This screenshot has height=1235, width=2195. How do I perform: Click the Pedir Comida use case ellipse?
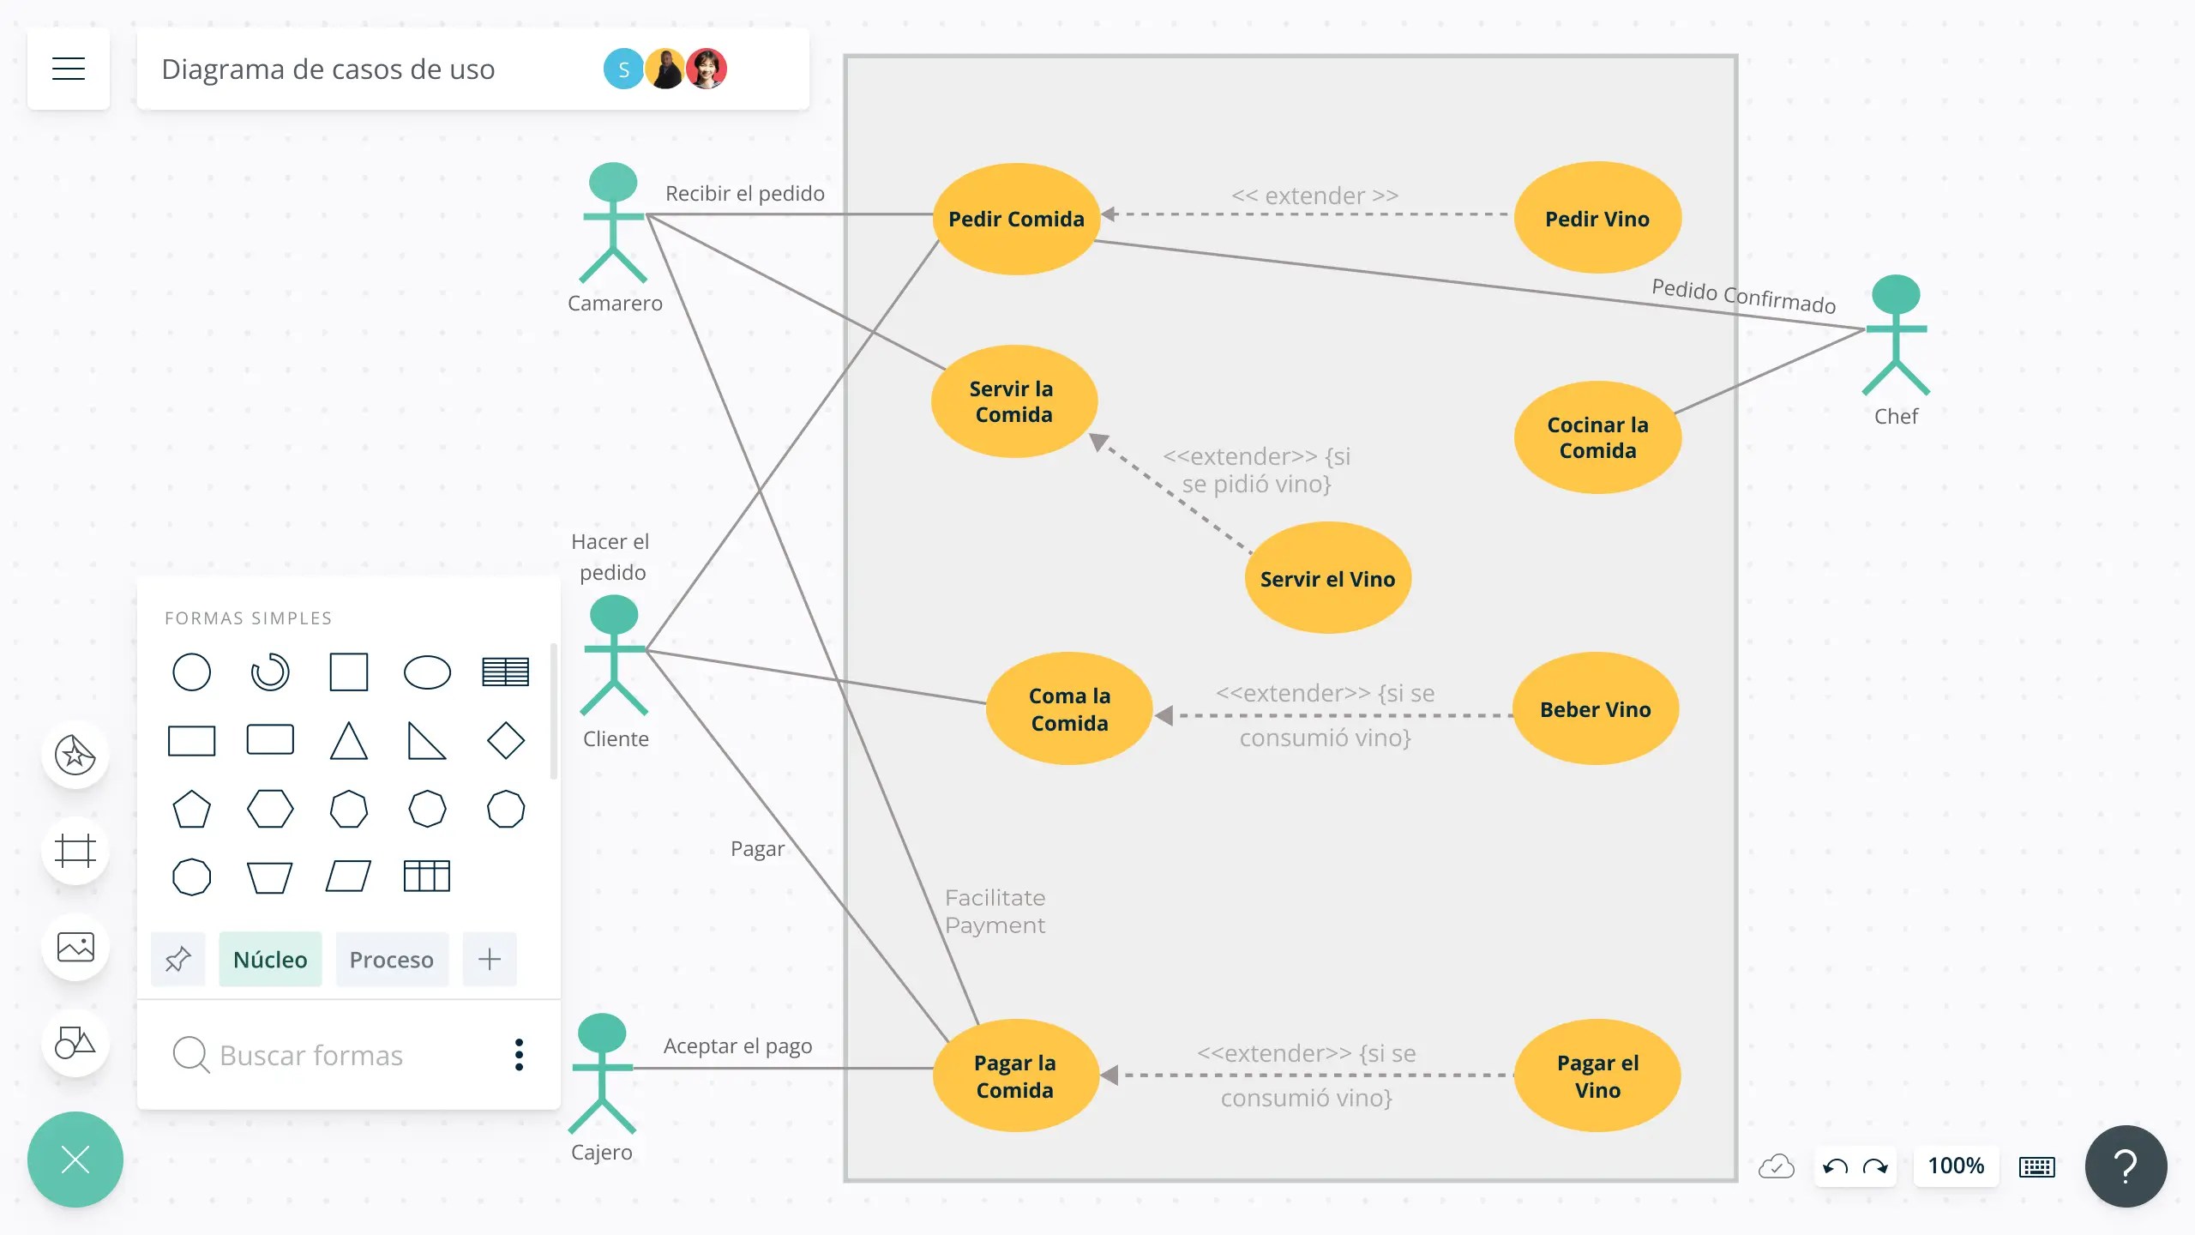(1016, 219)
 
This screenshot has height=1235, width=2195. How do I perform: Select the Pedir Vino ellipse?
(1597, 219)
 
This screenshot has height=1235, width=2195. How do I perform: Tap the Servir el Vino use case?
(1327, 579)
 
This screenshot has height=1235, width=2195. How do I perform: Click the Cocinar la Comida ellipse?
(1597, 437)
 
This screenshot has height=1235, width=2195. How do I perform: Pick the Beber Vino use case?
(1595, 709)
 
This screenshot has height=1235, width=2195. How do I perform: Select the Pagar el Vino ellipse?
(1597, 1076)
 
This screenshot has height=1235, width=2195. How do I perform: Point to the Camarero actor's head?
(613, 182)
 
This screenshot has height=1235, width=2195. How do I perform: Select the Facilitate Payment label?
(995, 912)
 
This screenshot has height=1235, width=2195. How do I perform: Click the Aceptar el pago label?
(737, 1046)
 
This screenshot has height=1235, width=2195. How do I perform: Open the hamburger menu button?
(69, 69)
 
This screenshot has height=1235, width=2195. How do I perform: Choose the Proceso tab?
(391, 960)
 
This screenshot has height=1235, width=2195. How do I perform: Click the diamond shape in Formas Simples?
(505, 740)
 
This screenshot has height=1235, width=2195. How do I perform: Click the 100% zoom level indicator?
(1956, 1166)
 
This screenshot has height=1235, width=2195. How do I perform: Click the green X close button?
(75, 1160)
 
